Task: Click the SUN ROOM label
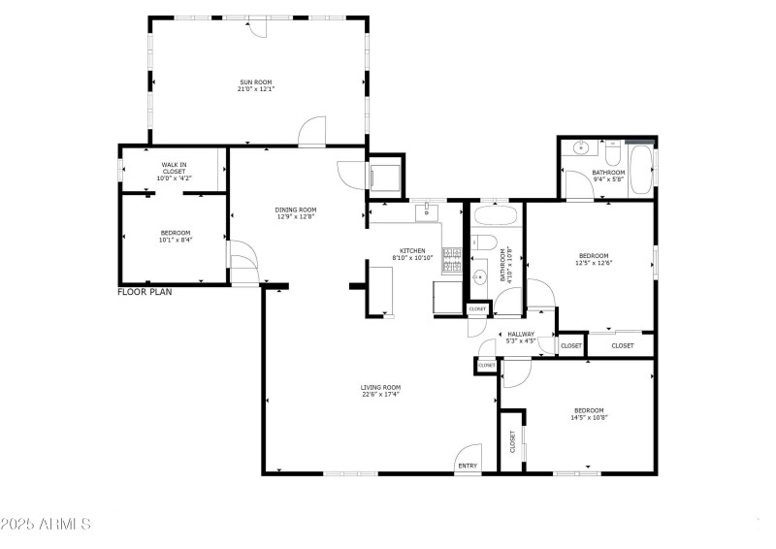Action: (x=256, y=81)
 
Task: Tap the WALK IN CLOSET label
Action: (x=174, y=168)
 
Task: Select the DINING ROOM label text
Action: (x=297, y=210)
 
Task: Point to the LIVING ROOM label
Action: (x=381, y=387)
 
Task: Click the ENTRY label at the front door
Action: (x=468, y=466)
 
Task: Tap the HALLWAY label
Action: (x=521, y=335)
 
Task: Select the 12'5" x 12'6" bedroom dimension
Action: (x=594, y=262)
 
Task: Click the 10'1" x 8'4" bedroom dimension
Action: (x=175, y=239)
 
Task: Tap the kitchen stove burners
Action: (x=452, y=259)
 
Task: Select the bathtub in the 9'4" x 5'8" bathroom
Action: (x=640, y=171)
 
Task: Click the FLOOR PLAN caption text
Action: (x=145, y=291)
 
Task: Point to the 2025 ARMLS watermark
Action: (x=46, y=524)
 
